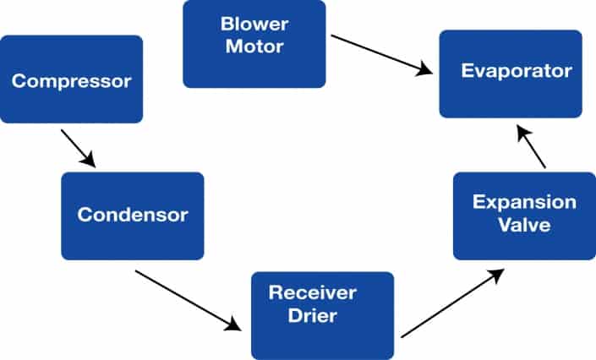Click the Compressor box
71,81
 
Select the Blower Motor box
254,44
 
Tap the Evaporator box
510,73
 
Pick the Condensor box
133,215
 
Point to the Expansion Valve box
524,215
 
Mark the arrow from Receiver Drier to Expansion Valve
452,303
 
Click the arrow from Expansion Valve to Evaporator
531,147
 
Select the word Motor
254,46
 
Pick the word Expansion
524,203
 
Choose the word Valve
524,226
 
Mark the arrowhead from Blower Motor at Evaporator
424,71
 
